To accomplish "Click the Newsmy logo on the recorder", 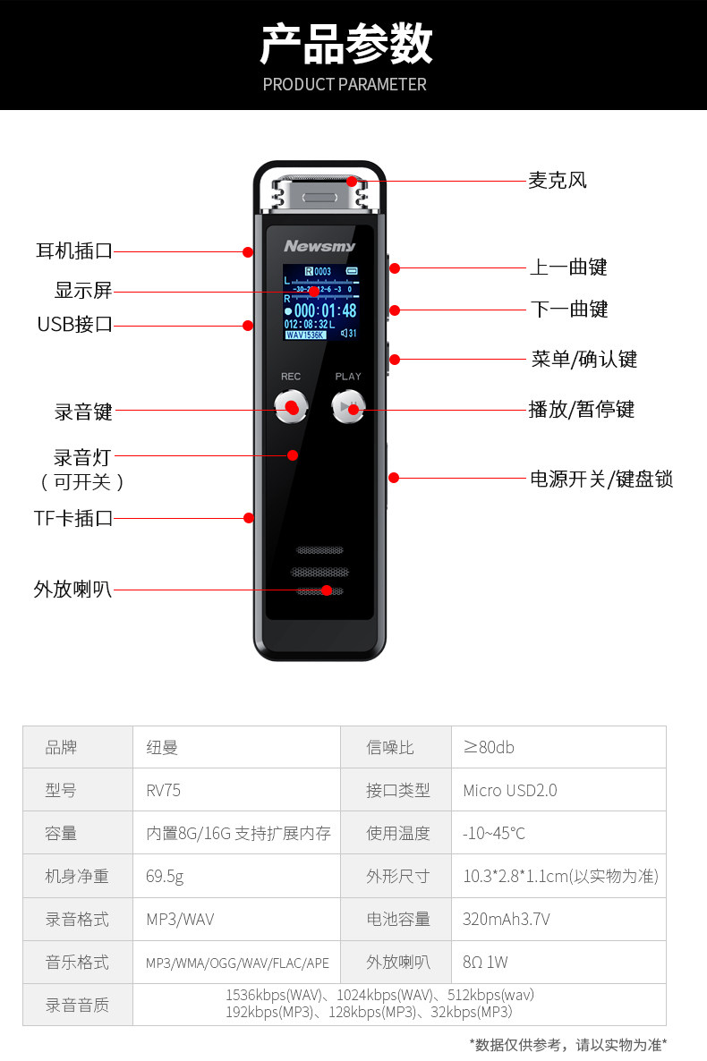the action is [x=319, y=246].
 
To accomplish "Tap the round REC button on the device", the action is [x=291, y=408].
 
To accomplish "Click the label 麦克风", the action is [x=557, y=180].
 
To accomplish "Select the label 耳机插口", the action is [x=74, y=251].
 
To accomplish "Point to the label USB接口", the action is [x=75, y=324].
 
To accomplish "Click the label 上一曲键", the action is [x=568, y=267].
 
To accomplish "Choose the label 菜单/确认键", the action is [x=583, y=360].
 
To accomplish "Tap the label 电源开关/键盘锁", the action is [x=601, y=479].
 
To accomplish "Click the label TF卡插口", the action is [x=73, y=517].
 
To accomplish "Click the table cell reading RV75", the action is [x=164, y=790].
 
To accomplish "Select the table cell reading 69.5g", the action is [x=165, y=876].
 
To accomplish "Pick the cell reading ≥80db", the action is [x=489, y=747].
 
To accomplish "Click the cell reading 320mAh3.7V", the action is [x=506, y=919].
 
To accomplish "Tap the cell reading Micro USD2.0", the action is [x=509, y=790].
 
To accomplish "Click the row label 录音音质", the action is [x=77, y=1005].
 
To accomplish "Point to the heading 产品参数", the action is [x=345, y=45].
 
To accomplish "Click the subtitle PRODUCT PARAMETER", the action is [x=345, y=84].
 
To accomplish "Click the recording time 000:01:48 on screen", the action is [x=325, y=310].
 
